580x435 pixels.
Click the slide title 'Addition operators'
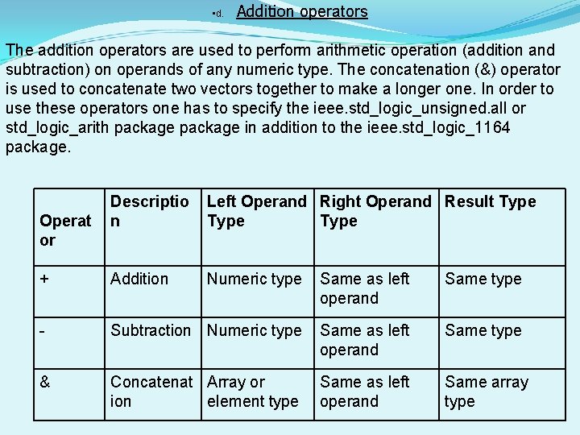point(302,12)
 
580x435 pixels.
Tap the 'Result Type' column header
point(490,202)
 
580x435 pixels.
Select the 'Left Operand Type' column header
point(256,211)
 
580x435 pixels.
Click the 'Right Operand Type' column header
point(375,211)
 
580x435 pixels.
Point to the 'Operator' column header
point(65,230)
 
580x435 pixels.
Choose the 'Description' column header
point(149,211)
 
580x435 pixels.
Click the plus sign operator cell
point(44,280)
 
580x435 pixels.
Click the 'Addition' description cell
point(139,280)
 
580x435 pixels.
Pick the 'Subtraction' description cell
point(151,331)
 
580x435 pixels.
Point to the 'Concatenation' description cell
point(151,391)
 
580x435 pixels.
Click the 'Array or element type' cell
point(252,391)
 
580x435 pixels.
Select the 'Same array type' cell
point(486,391)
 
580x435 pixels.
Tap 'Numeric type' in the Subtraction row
point(254,331)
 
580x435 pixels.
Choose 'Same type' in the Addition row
point(483,280)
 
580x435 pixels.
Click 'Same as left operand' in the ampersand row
point(364,391)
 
